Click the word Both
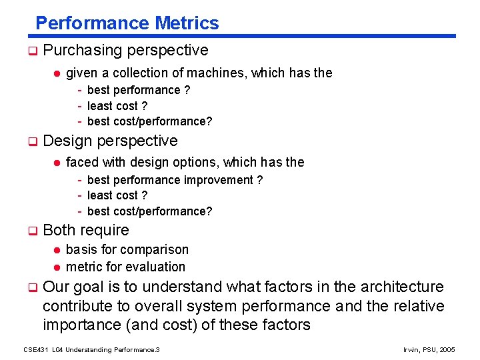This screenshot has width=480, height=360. point(59,230)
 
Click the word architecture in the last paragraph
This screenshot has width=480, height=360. point(402,287)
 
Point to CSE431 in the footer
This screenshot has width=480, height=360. point(35,349)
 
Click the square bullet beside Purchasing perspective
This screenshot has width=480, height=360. point(31,51)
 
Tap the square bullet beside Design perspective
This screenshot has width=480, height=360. point(31,141)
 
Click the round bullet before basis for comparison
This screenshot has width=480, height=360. point(57,250)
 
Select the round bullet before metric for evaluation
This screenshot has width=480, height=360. point(57,267)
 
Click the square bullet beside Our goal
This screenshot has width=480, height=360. point(31,287)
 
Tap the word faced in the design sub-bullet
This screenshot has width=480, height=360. point(81,162)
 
